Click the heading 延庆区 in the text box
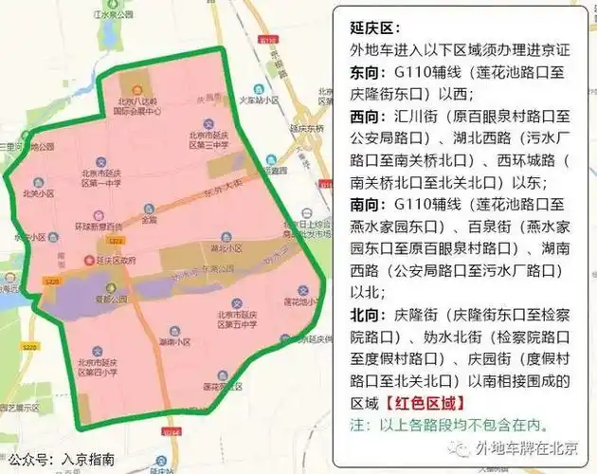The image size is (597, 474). [x=367, y=29]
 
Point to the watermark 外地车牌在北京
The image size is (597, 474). [x=530, y=447]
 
